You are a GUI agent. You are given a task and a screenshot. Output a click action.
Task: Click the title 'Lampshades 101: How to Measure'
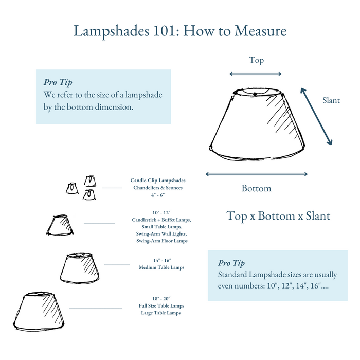[180, 31]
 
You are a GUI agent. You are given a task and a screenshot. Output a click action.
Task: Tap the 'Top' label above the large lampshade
[256, 60]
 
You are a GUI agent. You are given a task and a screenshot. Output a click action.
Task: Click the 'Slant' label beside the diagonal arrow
[331, 100]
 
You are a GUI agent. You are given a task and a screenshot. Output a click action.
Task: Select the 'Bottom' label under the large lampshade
[256, 188]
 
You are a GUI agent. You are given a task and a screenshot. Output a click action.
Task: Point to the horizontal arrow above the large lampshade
[256, 74]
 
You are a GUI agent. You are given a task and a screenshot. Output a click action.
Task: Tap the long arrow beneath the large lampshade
[256, 174]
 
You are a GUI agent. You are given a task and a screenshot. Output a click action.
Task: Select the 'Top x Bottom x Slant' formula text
[278, 216]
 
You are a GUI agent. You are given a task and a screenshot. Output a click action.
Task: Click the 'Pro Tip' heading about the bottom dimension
[58, 82]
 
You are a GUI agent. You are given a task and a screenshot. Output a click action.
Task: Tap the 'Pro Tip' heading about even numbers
[231, 263]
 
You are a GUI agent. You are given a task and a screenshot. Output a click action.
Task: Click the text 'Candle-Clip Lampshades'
[158, 181]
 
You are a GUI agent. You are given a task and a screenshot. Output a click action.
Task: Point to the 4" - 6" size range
[158, 195]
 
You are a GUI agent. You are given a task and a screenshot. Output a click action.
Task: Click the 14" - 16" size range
[161, 261]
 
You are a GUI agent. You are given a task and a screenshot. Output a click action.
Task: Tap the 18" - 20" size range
[161, 298]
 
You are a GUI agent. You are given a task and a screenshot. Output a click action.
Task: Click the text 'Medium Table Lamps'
[161, 267]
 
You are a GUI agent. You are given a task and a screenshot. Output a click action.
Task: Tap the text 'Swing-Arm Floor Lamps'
[161, 241]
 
